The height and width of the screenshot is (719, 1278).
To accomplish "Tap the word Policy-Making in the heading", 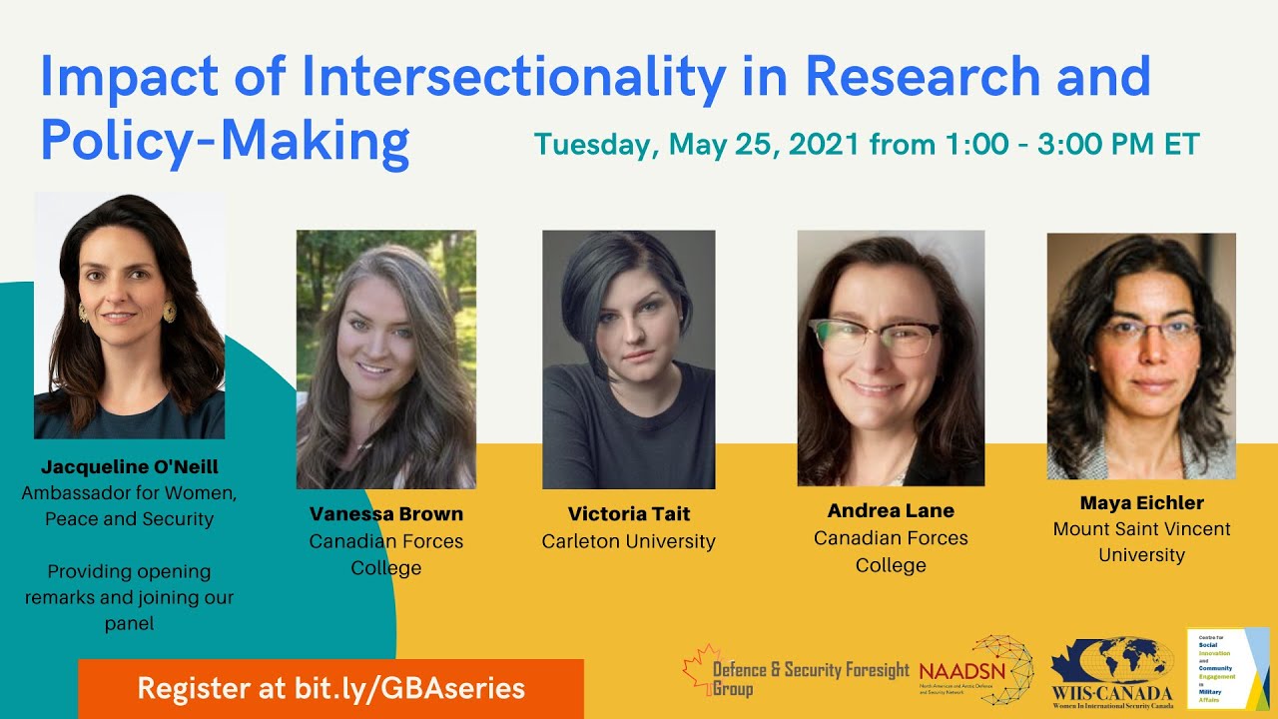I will tap(225, 143).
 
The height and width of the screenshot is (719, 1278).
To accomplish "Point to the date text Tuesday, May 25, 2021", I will tap(696, 143).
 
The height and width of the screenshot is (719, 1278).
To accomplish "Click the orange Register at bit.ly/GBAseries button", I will tap(330, 688).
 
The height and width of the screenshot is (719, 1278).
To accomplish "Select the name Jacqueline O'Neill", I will tap(130, 466).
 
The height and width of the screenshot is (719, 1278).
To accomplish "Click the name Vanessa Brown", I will tap(385, 514).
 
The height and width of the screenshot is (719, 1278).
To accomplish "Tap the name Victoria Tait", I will tap(629, 514).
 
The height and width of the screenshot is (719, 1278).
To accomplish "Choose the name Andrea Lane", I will tap(891, 510).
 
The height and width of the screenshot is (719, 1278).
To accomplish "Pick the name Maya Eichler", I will tap(1141, 502).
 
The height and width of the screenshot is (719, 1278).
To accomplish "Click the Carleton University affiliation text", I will tap(629, 541).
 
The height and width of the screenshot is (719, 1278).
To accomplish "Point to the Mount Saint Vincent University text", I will tap(1141, 541).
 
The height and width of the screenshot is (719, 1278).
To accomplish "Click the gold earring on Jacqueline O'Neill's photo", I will tap(169, 312).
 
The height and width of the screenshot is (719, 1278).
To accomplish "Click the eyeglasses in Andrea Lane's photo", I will tap(875, 338).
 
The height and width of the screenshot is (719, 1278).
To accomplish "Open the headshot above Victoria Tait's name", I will tap(629, 359).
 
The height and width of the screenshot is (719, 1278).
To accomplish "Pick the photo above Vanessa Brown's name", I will tap(385, 359).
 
